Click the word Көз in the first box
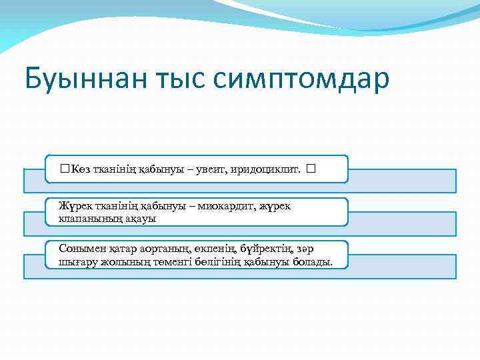81,169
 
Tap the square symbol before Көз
63,169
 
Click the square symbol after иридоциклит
311,169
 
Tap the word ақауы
138,219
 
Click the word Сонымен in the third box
79,249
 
